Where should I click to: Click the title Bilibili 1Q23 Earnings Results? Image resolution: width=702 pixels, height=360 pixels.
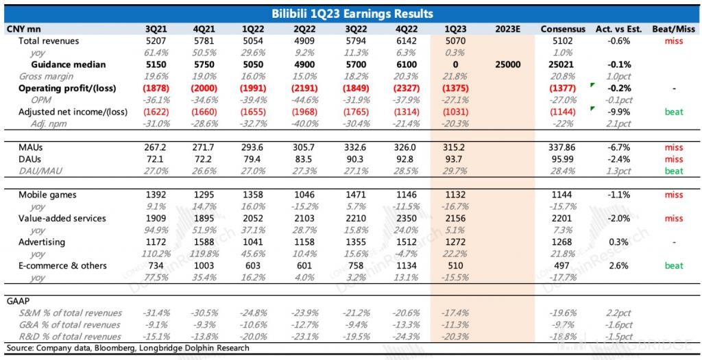pyautogui.click(x=351, y=14)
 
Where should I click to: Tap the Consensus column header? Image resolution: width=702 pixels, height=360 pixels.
pyautogui.click(x=562, y=29)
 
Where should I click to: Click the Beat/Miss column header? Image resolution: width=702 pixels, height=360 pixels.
pyautogui.click(x=673, y=29)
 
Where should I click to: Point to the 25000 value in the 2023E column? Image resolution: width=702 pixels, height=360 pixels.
pyautogui.click(x=507, y=64)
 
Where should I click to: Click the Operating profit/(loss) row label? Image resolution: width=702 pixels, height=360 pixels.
pyautogui.click(x=67, y=88)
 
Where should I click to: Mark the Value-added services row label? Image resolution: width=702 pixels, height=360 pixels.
pyautogui.click(x=62, y=218)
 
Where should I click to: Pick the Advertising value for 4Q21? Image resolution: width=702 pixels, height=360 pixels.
pyautogui.click(x=205, y=241)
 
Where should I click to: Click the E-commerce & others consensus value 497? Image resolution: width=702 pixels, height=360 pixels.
pyautogui.click(x=562, y=265)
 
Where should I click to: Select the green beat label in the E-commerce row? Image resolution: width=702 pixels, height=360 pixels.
pyautogui.click(x=673, y=265)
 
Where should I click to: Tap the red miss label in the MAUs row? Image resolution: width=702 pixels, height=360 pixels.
pyautogui.click(x=673, y=147)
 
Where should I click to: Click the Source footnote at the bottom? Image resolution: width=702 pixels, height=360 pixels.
pyautogui.click(x=128, y=348)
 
